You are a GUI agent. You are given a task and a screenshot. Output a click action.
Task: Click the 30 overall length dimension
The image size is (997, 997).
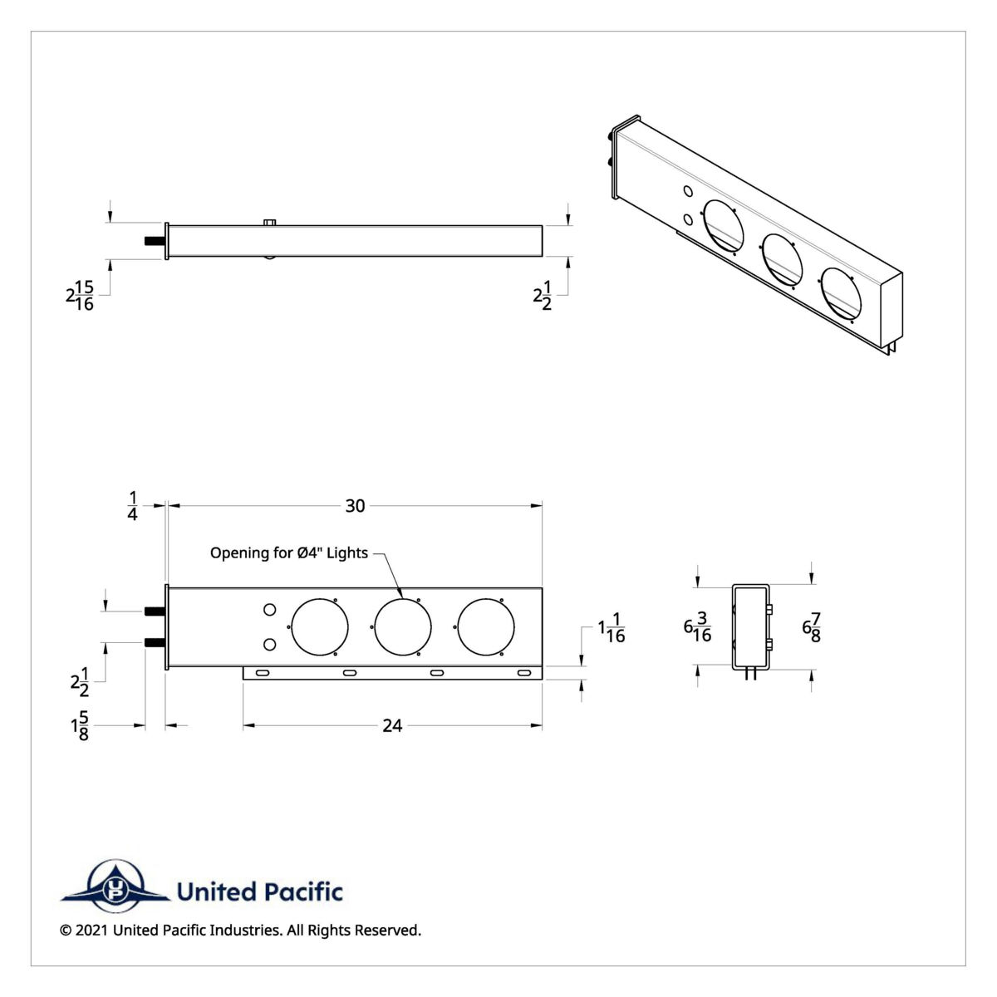[x=355, y=505]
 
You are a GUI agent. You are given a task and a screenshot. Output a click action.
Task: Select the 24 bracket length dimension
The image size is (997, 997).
[x=391, y=725]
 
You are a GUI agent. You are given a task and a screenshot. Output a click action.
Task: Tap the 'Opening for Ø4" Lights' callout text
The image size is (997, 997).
[x=288, y=553]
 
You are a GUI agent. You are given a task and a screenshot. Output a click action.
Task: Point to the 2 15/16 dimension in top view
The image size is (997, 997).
[x=80, y=295]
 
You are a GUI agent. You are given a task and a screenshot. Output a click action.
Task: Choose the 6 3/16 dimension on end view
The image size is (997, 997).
[x=697, y=627]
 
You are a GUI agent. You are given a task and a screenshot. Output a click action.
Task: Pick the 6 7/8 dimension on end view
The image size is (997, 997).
[x=811, y=627]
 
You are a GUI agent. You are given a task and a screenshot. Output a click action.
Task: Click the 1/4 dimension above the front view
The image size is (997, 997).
[x=132, y=505]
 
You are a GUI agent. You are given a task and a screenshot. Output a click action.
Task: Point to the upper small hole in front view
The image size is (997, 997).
[x=269, y=611]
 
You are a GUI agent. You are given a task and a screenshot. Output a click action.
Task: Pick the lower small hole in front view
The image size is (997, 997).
[x=269, y=645]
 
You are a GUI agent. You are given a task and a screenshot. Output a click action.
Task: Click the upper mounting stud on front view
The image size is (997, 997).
[x=154, y=611]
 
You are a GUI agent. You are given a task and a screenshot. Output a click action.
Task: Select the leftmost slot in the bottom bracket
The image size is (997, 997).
[x=262, y=672]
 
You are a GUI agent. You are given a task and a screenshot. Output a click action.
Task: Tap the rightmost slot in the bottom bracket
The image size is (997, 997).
[x=524, y=672]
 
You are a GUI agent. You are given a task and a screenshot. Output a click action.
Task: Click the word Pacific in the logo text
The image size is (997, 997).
[x=303, y=892]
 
